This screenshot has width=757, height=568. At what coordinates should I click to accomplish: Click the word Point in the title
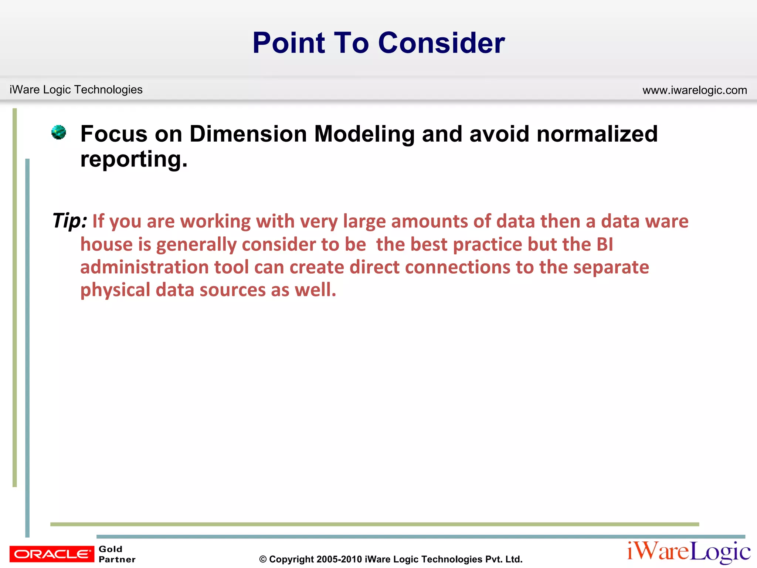click(x=289, y=43)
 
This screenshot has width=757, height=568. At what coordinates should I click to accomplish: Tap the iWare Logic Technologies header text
click(x=76, y=89)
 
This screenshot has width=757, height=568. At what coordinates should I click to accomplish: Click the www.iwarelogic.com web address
click(x=695, y=90)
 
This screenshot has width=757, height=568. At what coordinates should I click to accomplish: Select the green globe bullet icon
click(x=58, y=132)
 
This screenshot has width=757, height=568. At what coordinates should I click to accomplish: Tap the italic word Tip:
click(x=69, y=221)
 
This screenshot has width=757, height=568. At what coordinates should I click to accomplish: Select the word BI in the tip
click(x=605, y=244)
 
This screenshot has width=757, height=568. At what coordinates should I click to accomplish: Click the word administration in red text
click(x=145, y=267)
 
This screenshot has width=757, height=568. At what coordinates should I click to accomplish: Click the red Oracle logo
click(x=52, y=554)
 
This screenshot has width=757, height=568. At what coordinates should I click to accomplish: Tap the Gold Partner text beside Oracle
click(x=117, y=554)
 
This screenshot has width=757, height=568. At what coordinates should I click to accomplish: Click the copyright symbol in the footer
click(x=263, y=559)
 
